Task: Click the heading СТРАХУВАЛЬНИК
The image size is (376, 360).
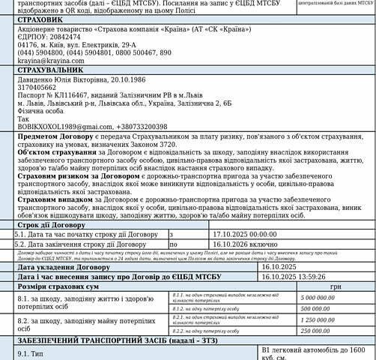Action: (x=47, y=69)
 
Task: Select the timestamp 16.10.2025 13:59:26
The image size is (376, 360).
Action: (x=294, y=276)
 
